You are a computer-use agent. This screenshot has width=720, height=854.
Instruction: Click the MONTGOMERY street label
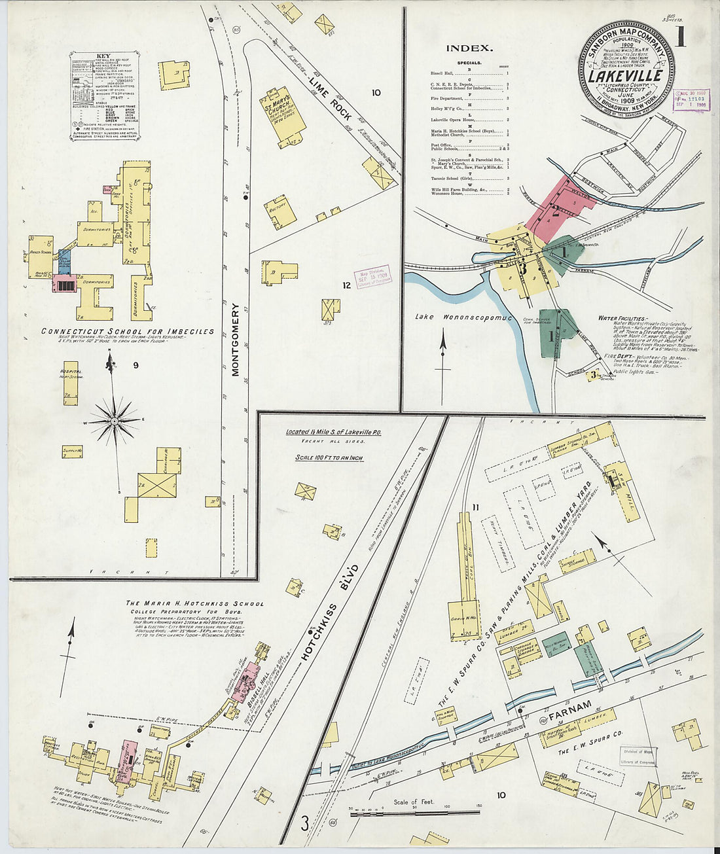click(x=237, y=340)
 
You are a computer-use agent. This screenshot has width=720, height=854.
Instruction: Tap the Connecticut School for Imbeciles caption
click(x=128, y=332)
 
